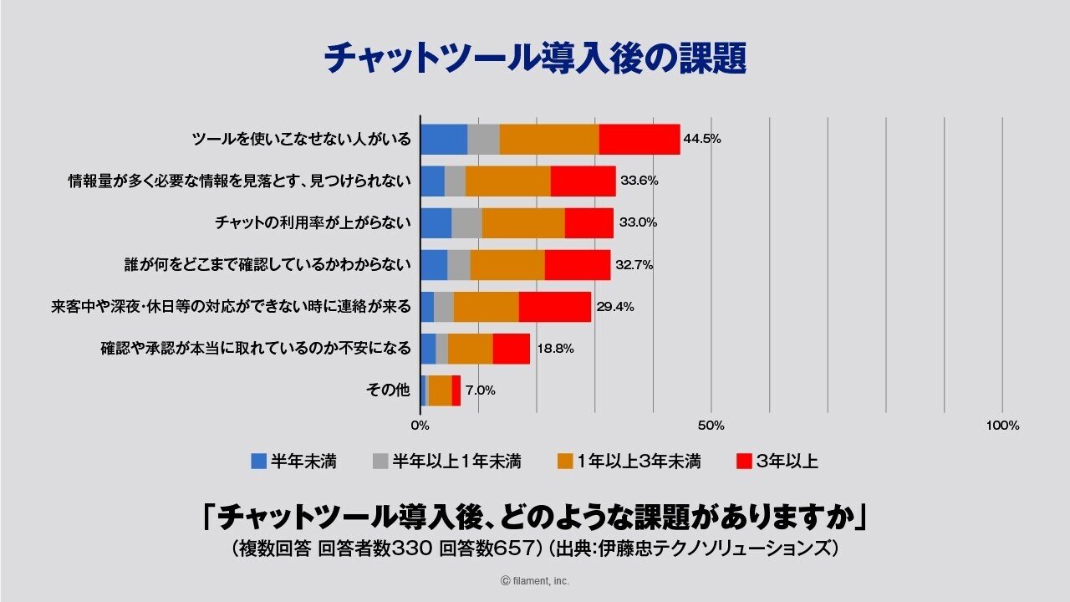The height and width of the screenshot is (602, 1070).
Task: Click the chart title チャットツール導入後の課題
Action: (x=534, y=59)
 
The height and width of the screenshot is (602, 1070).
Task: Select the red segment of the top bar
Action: (x=639, y=139)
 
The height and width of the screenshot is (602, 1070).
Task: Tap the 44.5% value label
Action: (x=702, y=139)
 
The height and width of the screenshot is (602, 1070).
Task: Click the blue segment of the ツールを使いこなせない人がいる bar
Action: (x=443, y=139)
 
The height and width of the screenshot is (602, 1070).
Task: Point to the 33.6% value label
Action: (x=639, y=181)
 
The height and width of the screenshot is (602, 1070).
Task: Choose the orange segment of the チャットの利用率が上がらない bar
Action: (x=522, y=222)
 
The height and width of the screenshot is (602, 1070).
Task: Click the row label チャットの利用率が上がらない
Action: (x=313, y=222)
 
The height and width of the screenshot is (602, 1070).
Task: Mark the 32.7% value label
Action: (x=634, y=265)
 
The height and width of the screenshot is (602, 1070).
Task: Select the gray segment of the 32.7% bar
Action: (x=458, y=265)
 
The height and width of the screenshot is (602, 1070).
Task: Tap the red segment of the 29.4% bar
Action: (x=554, y=307)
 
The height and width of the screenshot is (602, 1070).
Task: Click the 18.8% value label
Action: (x=553, y=349)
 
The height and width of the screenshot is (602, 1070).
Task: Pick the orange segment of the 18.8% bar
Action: (x=470, y=349)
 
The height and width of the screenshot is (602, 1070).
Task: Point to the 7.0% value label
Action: (x=481, y=390)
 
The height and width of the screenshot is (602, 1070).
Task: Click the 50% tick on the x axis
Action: (x=711, y=426)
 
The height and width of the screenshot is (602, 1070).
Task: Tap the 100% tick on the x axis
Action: (x=1002, y=426)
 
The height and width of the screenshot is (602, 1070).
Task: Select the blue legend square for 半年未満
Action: (x=259, y=461)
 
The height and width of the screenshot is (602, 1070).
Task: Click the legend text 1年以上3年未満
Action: (x=639, y=461)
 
